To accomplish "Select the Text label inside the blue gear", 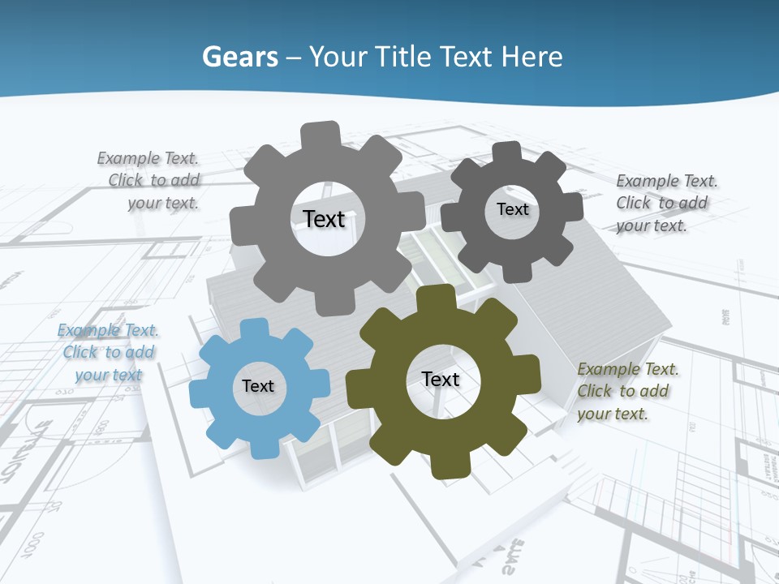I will [258, 387].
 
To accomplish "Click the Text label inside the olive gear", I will [441, 380].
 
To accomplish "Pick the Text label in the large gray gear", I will [324, 219].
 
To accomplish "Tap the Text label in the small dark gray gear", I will [512, 209].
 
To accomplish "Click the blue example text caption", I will [107, 353].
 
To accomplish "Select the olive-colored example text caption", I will [627, 392].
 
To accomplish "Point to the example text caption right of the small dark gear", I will [666, 204].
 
